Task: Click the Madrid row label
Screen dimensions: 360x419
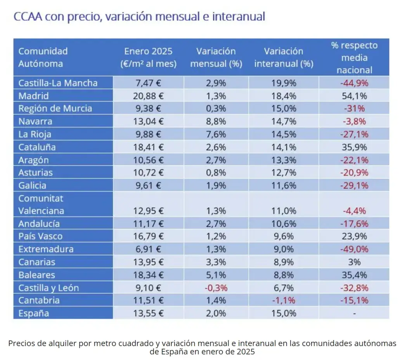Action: point(34,96)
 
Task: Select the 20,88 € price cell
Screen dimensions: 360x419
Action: point(145,96)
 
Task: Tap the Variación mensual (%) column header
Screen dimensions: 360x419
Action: point(216,57)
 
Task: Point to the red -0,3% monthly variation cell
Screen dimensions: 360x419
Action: point(216,288)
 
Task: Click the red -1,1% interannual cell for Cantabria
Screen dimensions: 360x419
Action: point(284,300)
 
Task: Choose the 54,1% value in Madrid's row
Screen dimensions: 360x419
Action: point(354,96)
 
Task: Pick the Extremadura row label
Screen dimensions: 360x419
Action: point(46,249)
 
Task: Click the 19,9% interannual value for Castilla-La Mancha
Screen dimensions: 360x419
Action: point(284,83)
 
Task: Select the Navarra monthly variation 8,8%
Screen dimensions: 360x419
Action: point(216,121)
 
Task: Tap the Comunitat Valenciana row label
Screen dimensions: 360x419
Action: point(41,205)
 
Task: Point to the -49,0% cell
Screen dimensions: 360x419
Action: point(354,249)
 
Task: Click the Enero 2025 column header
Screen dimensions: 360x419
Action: point(148,57)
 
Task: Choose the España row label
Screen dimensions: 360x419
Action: point(34,313)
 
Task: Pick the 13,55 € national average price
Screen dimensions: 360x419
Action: point(145,313)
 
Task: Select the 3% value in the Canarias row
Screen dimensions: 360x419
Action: point(354,262)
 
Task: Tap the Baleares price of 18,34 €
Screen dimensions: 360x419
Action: point(145,275)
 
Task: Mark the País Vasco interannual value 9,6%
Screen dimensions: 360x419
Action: point(284,236)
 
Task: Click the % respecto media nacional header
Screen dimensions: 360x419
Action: point(354,57)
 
